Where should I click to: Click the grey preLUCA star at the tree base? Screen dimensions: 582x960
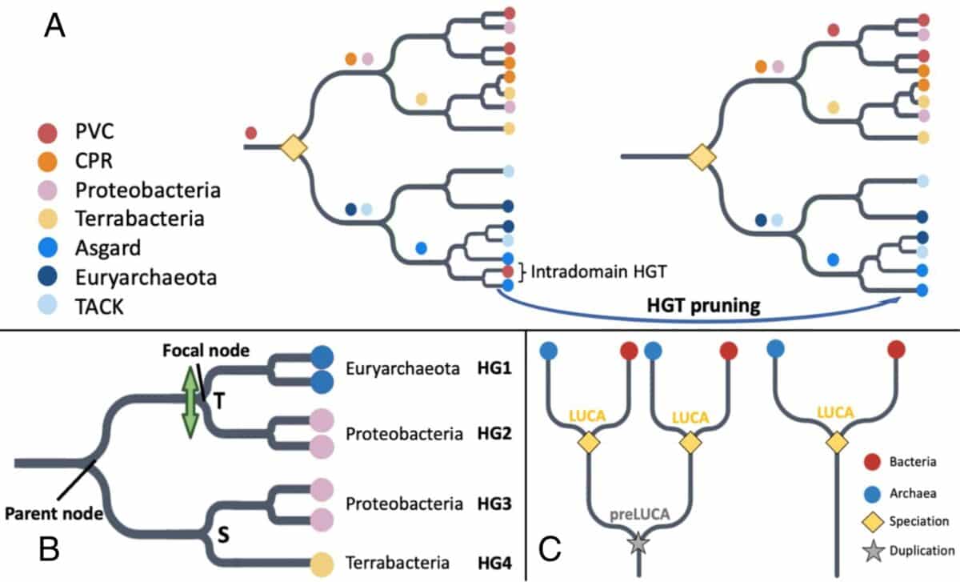click(x=638, y=544)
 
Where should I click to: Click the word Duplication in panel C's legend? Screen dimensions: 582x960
click(x=923, y=551)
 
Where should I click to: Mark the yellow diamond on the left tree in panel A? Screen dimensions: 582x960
click(x=294, y=148)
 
